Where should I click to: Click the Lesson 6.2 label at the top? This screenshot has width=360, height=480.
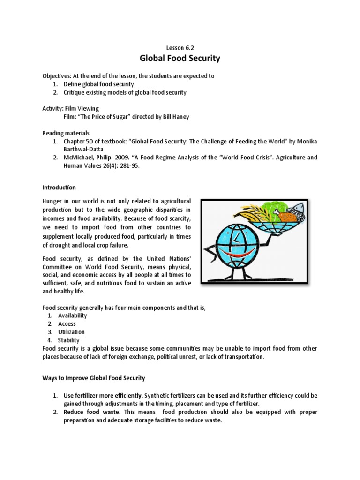[180, 47]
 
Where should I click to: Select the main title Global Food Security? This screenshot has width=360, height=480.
[180, 59]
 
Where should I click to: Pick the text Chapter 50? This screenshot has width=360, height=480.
[79, 142]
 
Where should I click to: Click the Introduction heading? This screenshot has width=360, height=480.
[59, 187]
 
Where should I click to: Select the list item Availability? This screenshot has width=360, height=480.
[73, 315]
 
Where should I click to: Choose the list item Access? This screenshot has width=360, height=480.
[67, 324]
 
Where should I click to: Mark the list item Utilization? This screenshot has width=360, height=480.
[71, 332]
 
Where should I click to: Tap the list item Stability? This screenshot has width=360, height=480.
[69, 340]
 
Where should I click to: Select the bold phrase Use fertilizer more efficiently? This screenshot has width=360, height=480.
[103, 395]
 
